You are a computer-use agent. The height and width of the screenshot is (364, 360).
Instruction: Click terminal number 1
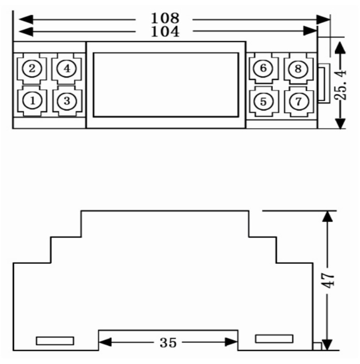coord(34,101)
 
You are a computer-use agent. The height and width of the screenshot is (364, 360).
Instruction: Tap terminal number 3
coord(67,101)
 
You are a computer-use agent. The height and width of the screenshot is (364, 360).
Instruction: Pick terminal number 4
coord(67,68)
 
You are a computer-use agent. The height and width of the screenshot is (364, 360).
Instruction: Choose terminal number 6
coord(263,68)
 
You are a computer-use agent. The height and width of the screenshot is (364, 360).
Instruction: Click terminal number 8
coord(298,68)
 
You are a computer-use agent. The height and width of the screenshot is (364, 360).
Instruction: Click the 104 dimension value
coord(165,32)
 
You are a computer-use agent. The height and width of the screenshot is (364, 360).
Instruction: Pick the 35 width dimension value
coord(167,342)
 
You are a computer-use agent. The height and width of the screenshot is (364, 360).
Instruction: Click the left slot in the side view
coord(55,341)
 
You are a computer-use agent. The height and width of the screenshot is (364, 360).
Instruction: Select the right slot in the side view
coord(274,339)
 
